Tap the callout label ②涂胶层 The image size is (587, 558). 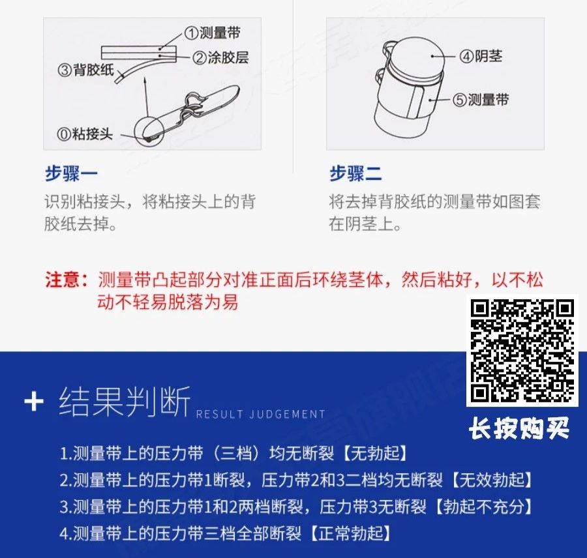point(221,57)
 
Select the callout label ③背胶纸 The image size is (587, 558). point(86,70)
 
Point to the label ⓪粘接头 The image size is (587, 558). point(85,134)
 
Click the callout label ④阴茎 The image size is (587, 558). point(481,57)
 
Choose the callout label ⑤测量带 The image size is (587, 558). point(481,100)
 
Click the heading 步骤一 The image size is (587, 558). point(71,174)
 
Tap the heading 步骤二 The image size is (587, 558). point(355,174)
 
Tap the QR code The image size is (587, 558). point(522,351)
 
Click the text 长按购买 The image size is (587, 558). point(519,428)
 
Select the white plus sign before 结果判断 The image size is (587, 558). point(34,403)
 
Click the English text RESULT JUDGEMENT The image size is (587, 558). point(260,415)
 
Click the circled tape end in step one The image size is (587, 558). point(149,131)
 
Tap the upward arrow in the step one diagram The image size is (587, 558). point(146,98)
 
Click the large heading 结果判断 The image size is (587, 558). point(125,402)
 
